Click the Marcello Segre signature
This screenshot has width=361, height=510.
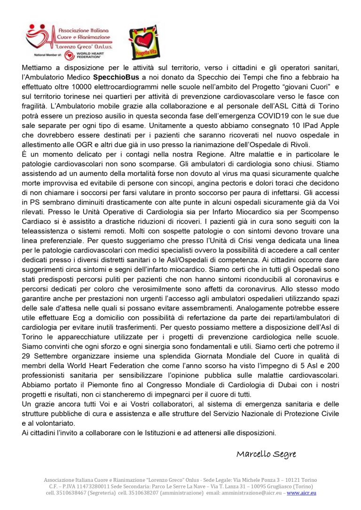[266, 454]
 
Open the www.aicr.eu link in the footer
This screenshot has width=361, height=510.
[301, 493]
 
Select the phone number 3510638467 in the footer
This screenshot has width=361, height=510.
[72, 493]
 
